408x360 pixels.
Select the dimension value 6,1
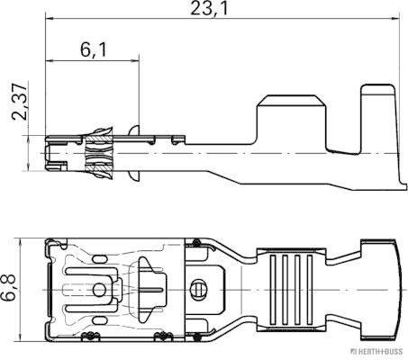pyautogui.click(x=92, y=50)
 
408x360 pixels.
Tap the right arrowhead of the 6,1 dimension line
pyautogui.click(x=137, y=61)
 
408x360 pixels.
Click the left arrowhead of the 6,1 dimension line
pyautogui.click(x=50, y=61)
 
